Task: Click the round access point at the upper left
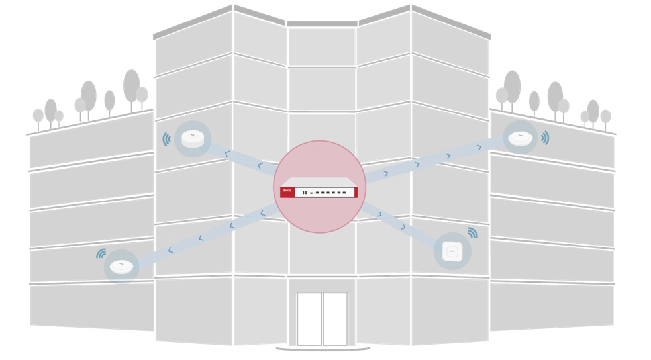coord(193,138)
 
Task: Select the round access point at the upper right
coord(520,138)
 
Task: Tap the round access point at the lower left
coord(121,267)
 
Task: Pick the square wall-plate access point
coord(452,251)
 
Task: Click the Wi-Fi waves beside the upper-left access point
coord(167,139)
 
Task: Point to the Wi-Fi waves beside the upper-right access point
coord(545,138)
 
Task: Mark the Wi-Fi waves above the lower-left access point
coord(101,253)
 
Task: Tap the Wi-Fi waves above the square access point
coord(472,232)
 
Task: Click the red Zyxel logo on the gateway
coord(287,191)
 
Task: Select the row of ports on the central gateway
coord(325,192)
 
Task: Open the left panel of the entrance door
coord(309,318)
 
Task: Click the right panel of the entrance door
coord(335,318)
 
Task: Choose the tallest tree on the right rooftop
coord(512,87)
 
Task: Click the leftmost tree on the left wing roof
coord(38,116)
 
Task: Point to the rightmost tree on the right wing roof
coord(605,117)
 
